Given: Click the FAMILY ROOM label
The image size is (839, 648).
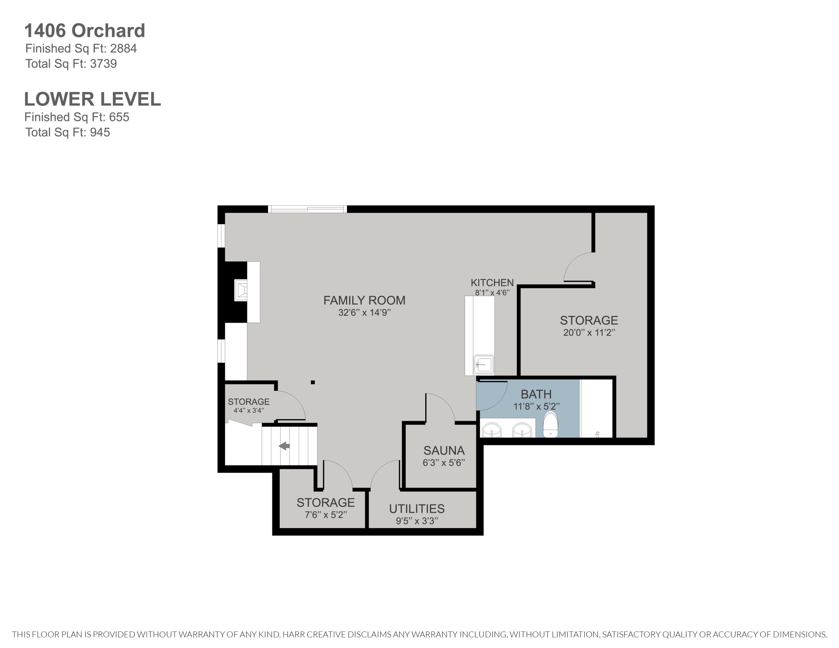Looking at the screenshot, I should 364,300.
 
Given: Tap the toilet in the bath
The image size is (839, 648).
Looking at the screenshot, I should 550,425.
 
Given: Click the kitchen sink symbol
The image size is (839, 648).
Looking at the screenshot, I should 483,364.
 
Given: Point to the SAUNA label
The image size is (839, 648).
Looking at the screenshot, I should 444,450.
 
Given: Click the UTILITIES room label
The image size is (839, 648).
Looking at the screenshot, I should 417,509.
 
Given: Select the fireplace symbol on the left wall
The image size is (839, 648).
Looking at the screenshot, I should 241,290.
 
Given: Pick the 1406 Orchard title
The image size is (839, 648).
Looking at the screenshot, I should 84,31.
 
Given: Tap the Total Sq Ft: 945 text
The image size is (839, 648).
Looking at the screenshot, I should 68,133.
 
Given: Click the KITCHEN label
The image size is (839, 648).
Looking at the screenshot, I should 492,283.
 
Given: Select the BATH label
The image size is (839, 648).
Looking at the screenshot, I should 536,394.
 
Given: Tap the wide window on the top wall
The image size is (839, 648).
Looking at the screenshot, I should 307,209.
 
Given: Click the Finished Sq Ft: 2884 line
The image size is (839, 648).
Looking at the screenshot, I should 81,48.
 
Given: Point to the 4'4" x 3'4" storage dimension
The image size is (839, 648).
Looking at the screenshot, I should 249,410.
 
